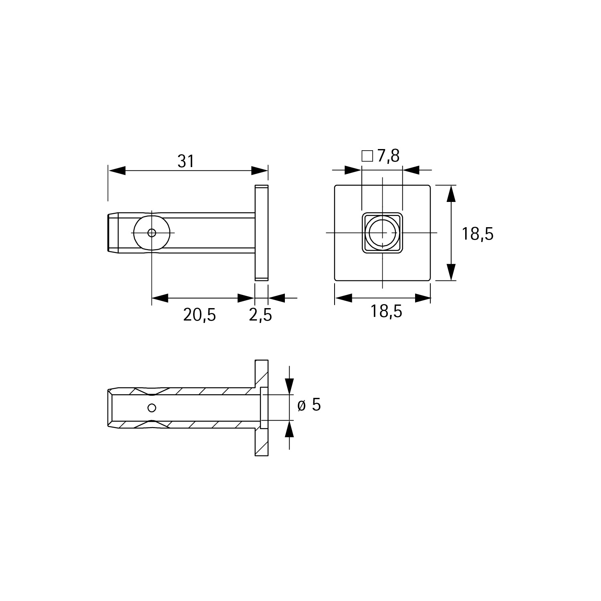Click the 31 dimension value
click(186, 161)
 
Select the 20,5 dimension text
click(200, 315)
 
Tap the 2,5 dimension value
click(260, 315)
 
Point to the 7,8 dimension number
click(388, 156)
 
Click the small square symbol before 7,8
click(367, 156)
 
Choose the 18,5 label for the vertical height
click(478, 234)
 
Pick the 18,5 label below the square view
click(386, 311)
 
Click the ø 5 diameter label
click(309, 405)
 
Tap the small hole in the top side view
click(152, 233)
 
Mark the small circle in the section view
click(151, 408)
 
